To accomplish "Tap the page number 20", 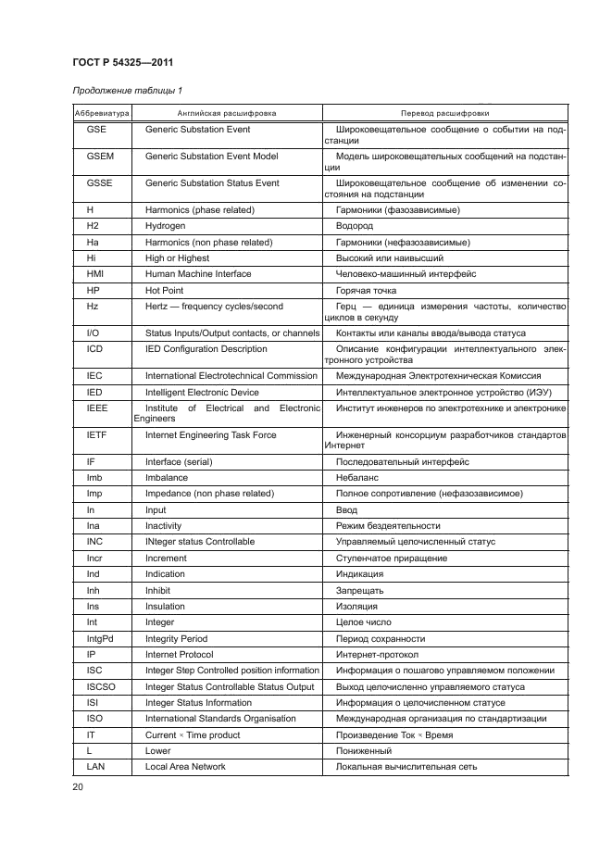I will pyautogui.click(x=77, y=786).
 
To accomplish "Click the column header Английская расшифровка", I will pyautogui.click(x=227, y=113).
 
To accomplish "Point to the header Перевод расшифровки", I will pyautogui.click(x=445, y=113).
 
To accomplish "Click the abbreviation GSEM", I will pyautogui.click(x=96, y=157).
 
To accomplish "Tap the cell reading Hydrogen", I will pyautogui.click(x=166, y=226).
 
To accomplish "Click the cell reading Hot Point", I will pyautogui.click(x=166, y=290).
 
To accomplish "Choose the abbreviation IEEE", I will pyautogui.click(x=96, y=408).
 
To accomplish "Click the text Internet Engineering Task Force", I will pyautogui.click(x=210, y=435).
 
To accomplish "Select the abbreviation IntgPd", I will pyautogui.click(x=96, y=639).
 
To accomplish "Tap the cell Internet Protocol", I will pyautogui.click(x=180, y=655).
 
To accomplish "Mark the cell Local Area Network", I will pyautogui.click(x=185, y=767).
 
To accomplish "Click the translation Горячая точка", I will pyautogui.click(x=366, y=290).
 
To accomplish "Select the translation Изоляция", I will pyautogui.click(x=357, y=607).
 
